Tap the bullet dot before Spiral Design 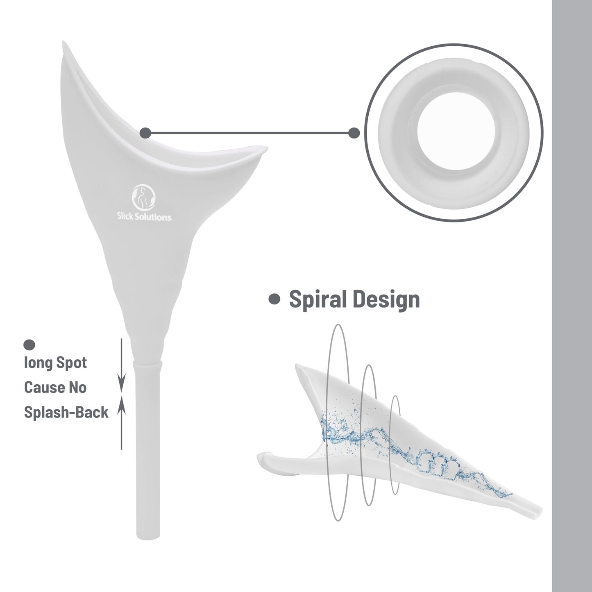coord(274,299)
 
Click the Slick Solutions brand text coord(144,217)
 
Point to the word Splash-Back coord(66,412)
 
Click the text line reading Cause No coord(55,387)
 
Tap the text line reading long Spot coord(55,363)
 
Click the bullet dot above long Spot coord(29,345)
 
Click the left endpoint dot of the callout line coord(145,133)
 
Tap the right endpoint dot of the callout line coord(354,133)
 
